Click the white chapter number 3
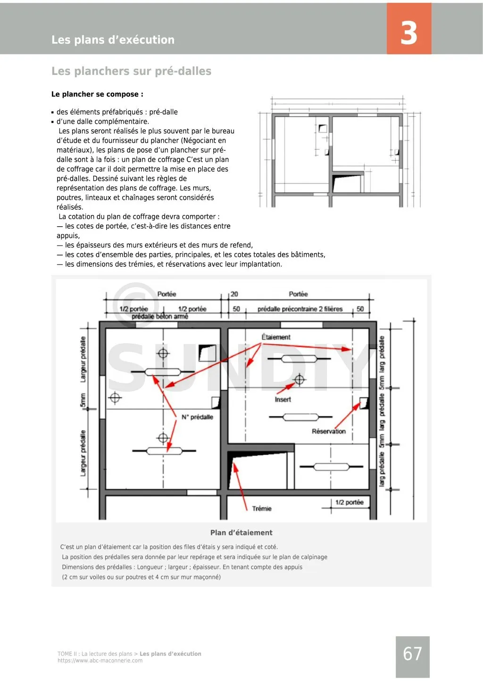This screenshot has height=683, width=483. (408, 33)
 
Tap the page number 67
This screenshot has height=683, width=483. (412, 654)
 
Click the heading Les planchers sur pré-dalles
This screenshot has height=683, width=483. (131, 71)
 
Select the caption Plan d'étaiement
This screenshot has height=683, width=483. (241, 533)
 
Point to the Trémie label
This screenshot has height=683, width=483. (261, 509)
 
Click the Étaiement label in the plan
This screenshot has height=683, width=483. (276, 337)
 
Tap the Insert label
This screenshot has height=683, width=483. (283, 399)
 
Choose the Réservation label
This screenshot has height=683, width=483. (328, 431)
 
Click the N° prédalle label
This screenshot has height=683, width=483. (197, 417)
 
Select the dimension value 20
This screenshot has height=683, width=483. (234, 294)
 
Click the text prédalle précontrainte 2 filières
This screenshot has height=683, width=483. (300, 309)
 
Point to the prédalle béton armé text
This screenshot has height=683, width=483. (159, 316)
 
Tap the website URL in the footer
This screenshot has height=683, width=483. (100, 661)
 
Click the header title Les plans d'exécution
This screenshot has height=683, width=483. (113, 40)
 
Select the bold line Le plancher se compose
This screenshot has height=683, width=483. (97, 94)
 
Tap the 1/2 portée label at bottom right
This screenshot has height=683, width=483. (349, 502)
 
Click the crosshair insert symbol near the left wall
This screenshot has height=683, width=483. (115, 398)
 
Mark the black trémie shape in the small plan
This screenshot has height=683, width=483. (340, 182)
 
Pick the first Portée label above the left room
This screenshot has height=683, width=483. (167, 294)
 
